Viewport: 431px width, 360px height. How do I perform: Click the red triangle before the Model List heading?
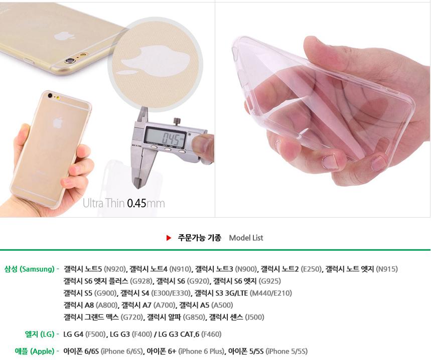(x=169, y=238)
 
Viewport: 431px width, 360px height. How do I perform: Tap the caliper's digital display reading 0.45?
(x=166, y=136)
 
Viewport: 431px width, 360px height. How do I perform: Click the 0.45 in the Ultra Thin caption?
(x=136, y=204)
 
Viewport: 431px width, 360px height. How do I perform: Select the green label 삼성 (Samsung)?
(x=30, y=269)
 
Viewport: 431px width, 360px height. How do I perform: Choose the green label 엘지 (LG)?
(x=40, y=334)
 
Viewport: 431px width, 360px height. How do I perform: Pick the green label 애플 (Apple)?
(x=35, y=351)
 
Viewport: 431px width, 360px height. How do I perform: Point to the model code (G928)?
(x=141, y=281)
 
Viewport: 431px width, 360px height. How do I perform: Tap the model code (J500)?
(x=254, y=317)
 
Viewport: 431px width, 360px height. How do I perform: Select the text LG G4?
(x=73, y=334)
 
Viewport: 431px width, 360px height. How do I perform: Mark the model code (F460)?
(x=211, y=334)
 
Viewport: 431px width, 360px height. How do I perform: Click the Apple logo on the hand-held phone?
(x=57, y=122)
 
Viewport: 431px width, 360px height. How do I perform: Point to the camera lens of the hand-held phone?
(x=50, y=96)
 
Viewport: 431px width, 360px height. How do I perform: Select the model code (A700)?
(x=165, y=305)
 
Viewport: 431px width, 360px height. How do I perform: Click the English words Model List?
(x=246, y=238)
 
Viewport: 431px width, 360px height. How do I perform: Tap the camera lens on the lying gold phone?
(x=68, y=61)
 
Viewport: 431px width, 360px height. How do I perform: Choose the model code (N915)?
(x=387, y=269)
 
